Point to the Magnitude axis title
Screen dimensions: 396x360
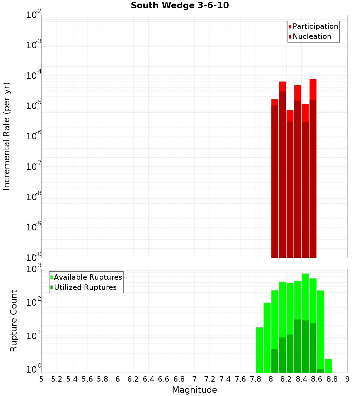pos(194,390)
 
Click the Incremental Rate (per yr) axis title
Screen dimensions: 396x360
pos(7,136)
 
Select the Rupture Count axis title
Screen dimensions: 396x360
pos(14,320)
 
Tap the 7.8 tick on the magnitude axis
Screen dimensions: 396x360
pos(256,379)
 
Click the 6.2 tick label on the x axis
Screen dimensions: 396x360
pos(133,379)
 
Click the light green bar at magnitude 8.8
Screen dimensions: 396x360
pos(328,366)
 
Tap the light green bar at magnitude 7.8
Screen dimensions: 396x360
pos(259,350)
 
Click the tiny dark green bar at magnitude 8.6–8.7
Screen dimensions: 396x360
pos(320,371)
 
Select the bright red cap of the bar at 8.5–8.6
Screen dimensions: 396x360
pos(313,89)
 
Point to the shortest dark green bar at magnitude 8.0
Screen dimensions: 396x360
pos(275,361)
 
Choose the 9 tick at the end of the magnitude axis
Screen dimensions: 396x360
pos(347,379)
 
